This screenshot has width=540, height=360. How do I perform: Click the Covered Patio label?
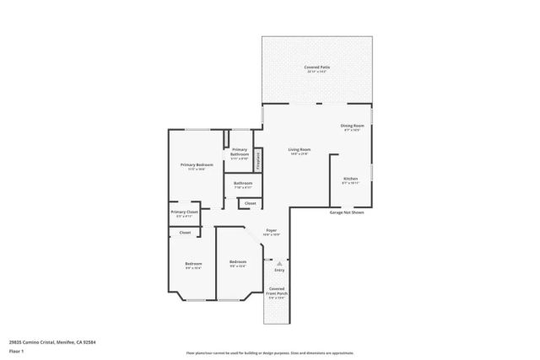317,67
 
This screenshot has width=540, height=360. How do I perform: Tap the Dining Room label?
350,126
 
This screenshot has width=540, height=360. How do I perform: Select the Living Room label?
300,150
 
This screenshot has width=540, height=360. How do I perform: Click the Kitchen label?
350,179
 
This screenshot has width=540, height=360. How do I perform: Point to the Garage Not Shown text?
346,212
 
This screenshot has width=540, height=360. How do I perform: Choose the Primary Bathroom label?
240,152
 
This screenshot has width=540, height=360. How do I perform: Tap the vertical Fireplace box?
259,158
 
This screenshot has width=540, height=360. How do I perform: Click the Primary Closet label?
184,212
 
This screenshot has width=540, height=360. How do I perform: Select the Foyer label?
272,230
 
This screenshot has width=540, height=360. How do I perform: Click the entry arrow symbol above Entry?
279,263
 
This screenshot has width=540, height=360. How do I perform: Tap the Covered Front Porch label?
277,291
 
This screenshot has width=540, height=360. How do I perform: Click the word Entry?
279,271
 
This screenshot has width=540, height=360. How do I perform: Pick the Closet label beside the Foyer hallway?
250,203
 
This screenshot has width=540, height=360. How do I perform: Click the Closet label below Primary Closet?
184,232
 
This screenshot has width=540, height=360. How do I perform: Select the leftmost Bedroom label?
193,264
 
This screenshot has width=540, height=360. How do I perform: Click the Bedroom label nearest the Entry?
238,262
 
